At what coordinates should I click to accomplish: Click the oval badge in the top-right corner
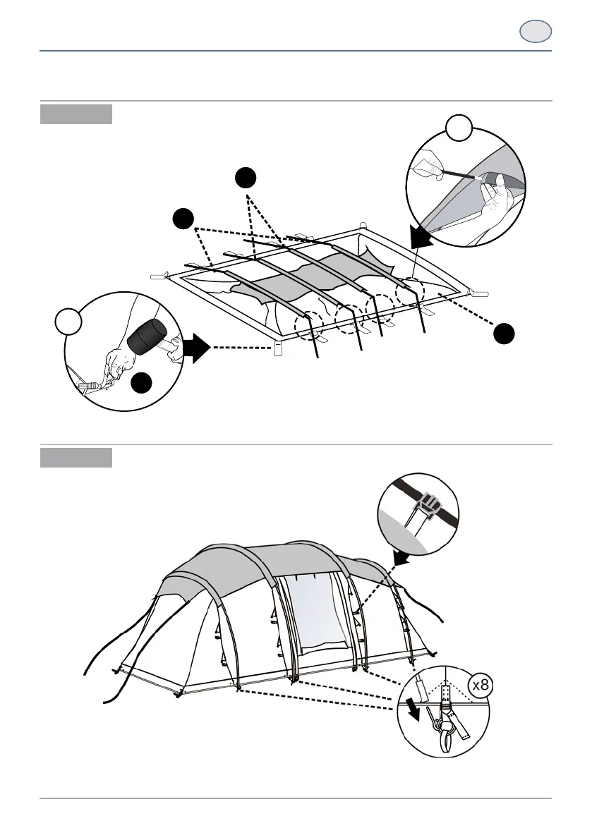click(x=536, y=32)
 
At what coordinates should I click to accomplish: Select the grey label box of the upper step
click(x=76, y=114)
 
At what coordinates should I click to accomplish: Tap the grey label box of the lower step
click(x=76, y=457)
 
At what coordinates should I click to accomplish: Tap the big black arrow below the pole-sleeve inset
click(x=424, y=237)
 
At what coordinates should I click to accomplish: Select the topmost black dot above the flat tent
click(x=245, y=178)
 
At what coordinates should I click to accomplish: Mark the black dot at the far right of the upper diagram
click(x=503, y=334)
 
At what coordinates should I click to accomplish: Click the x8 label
click(x=483, y=684)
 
